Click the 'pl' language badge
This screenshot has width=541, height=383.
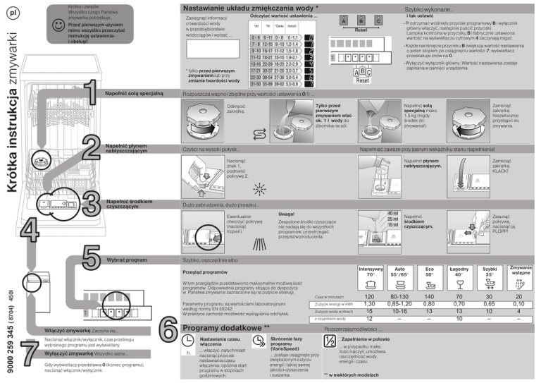pos(15,13)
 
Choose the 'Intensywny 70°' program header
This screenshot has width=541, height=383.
pos(371,272)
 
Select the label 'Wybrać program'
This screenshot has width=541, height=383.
pos(126,260)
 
